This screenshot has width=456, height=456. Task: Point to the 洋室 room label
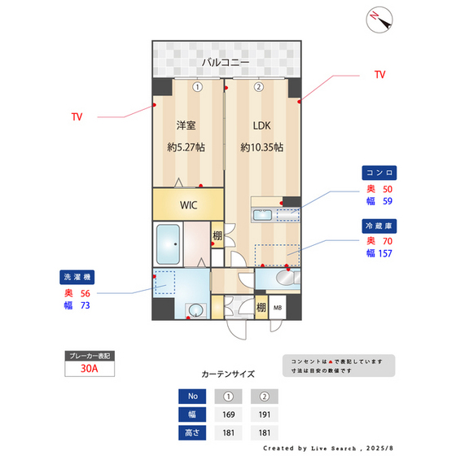click(187, 125)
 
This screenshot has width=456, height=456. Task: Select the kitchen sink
click(263, 215)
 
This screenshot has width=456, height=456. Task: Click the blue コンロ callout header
click(380, 173)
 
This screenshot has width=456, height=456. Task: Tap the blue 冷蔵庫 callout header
click(380, 225)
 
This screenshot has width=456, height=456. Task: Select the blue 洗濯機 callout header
click(77, 276)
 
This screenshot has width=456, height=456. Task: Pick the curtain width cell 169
click(229, 414)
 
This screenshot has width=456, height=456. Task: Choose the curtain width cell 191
click(264, 414)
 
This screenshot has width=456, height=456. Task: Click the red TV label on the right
click(379, 75)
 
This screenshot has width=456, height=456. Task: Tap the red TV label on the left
click(77, 117)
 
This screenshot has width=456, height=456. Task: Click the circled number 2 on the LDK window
click(258, 86)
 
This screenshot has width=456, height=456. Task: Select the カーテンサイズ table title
click(228, 375)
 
